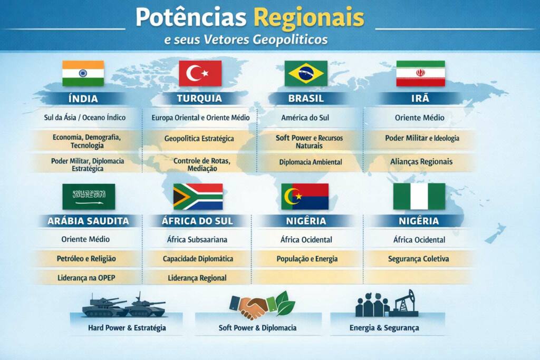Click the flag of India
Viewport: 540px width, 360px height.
tap(83, 73)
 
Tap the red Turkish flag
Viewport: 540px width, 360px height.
tap(200, 73)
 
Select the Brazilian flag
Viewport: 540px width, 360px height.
tap(306, 73)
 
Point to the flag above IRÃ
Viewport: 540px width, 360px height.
tap(420, 73)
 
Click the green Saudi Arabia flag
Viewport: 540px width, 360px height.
tap(89, 197)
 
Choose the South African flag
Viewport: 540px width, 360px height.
tap(198, 197)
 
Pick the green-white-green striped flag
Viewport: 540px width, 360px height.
tap(419, 197)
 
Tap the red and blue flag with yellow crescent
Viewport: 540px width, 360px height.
tap(305, 197)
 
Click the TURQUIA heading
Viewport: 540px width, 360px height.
tap(199, 99)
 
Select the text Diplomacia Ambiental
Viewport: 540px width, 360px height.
tap(311, 162)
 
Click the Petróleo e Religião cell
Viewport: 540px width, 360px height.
tap(86, 259)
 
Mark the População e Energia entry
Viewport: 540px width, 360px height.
tap(307, 259)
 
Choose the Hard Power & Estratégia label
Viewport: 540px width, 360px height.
tap(127, 328)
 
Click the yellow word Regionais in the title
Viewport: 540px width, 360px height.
tap(308, 18)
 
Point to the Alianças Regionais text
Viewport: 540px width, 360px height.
tap(421, 162)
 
